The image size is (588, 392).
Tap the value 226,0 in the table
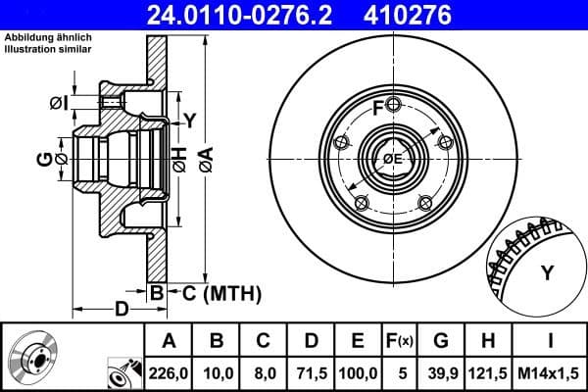170,373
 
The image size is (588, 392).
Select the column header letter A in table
170,342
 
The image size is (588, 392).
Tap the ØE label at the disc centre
392,159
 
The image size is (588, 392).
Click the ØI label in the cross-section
58,102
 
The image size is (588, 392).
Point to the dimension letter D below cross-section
121,311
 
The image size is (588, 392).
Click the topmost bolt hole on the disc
392,105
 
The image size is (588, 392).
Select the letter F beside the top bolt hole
378,107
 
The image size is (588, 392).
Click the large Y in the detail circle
546,273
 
